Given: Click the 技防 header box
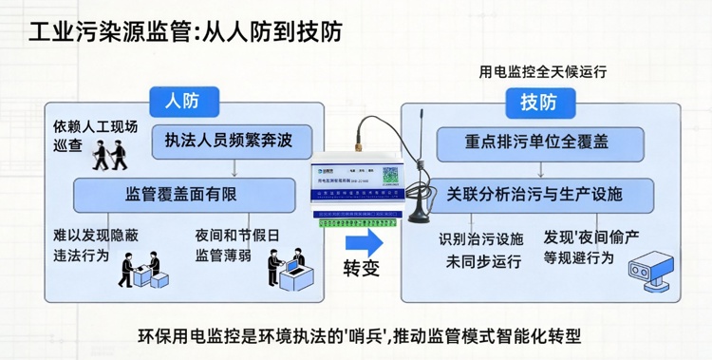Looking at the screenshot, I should (x=538, y=102).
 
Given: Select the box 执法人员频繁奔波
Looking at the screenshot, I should (x=229, y=141).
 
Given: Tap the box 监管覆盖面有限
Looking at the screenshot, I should (x=181, y=195).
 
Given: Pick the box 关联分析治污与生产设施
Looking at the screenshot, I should (x=535, y=194).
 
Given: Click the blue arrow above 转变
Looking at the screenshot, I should (x=362, y=240).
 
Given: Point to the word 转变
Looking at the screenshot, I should (x=362, y=268).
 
